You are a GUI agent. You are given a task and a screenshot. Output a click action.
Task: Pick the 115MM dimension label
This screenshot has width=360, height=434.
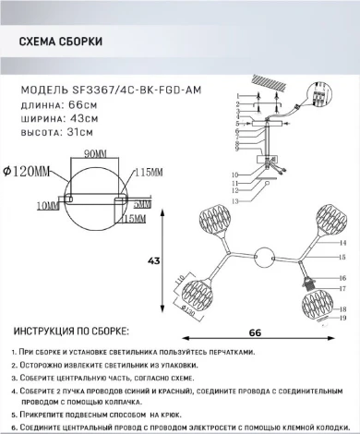pyautogui.click(x=150, y=173)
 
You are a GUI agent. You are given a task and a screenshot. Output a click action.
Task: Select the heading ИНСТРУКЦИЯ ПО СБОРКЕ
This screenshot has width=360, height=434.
pyautogui.click(x=69, y=331)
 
